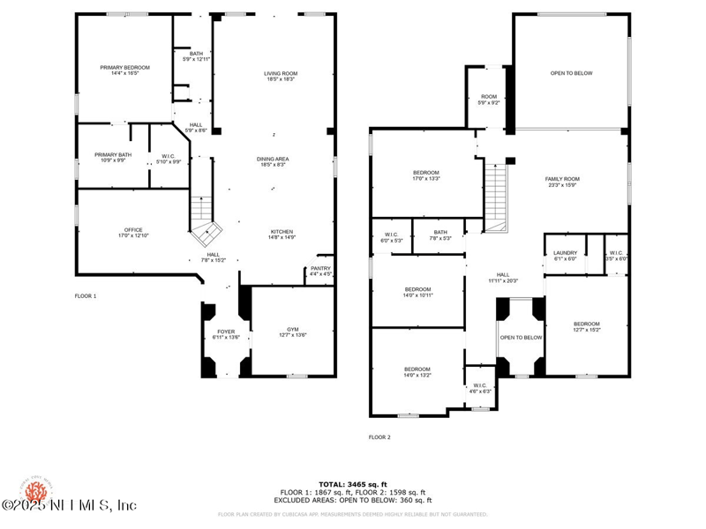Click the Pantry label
320,271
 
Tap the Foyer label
226,333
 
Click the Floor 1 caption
86,296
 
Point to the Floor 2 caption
379,437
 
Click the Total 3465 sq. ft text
352,484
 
